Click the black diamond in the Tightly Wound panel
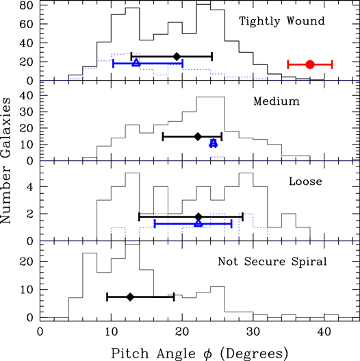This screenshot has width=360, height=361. point(177,56)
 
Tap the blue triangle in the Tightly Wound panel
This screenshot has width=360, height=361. point(136,63)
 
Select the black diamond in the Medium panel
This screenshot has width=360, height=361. point(198,137)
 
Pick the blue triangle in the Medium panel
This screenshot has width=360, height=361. point(214,143)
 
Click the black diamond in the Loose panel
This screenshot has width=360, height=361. point(198,216)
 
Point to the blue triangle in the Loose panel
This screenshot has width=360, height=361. point(198,223)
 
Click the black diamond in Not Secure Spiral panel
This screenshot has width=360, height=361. point(130,297)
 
